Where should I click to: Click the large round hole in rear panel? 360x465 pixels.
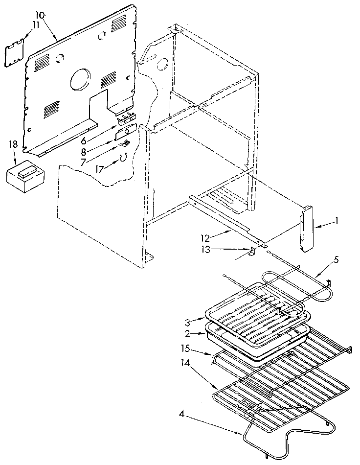point(80,79)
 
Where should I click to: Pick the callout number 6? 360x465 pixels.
point(84,140)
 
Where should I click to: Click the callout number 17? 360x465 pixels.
point(100,170)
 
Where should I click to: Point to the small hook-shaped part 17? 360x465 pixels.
point(124,157)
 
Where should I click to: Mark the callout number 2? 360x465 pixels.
point(188,334)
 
